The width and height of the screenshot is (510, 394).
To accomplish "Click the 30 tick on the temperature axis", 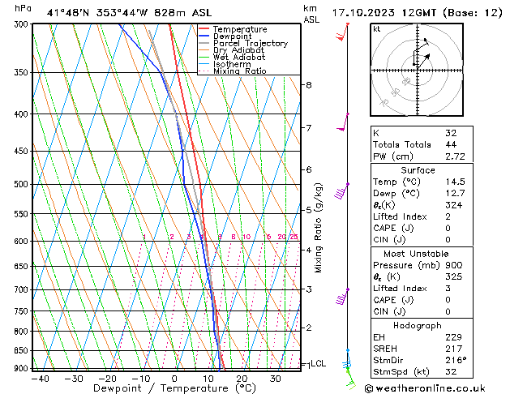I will click(x=275, y=379).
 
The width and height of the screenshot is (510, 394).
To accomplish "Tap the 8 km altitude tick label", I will click(x=309, y=85).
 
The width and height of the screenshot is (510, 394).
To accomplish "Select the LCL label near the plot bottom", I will click(x=319, y=364).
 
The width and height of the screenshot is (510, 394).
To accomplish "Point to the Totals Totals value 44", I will click(x=451, y=143).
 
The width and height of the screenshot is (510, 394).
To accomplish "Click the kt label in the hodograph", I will click(x=377, y=28).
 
